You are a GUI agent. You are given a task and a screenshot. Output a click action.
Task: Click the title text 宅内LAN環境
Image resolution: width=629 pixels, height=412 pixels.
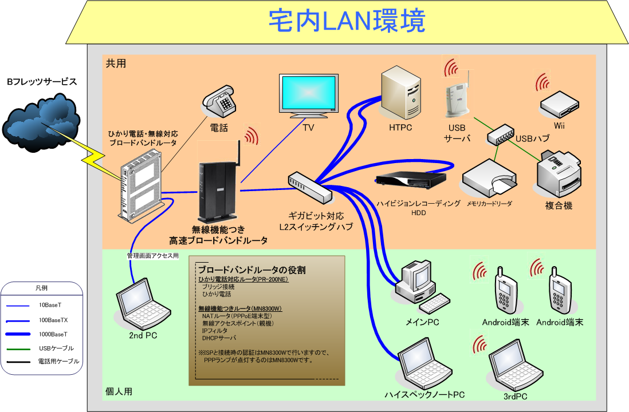pyautogui.click(x=347, y=21)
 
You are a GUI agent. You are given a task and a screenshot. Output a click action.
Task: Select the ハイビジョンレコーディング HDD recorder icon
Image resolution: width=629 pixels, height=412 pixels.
pyautogui.click(x=410, y=180)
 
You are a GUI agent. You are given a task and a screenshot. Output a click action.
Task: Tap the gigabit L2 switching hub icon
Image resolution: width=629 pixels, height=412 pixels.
pyautogui.click(x=310, y=187)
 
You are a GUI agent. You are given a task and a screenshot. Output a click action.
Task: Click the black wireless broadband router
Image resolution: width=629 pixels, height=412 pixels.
pyautogui.click(x=217, y=186)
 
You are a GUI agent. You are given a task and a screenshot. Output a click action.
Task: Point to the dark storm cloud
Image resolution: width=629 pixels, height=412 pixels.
pyautogui.click(x=41, y=122)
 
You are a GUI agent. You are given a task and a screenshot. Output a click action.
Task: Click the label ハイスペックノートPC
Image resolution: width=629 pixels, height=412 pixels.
pyautogui.click(x=424, y=395)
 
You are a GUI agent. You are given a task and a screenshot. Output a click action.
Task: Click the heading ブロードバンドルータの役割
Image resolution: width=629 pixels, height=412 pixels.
pyautogui.click(x=251, y=270)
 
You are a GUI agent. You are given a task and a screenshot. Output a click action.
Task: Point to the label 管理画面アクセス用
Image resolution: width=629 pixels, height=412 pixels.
pyautogui.click(x=152, y=256)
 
